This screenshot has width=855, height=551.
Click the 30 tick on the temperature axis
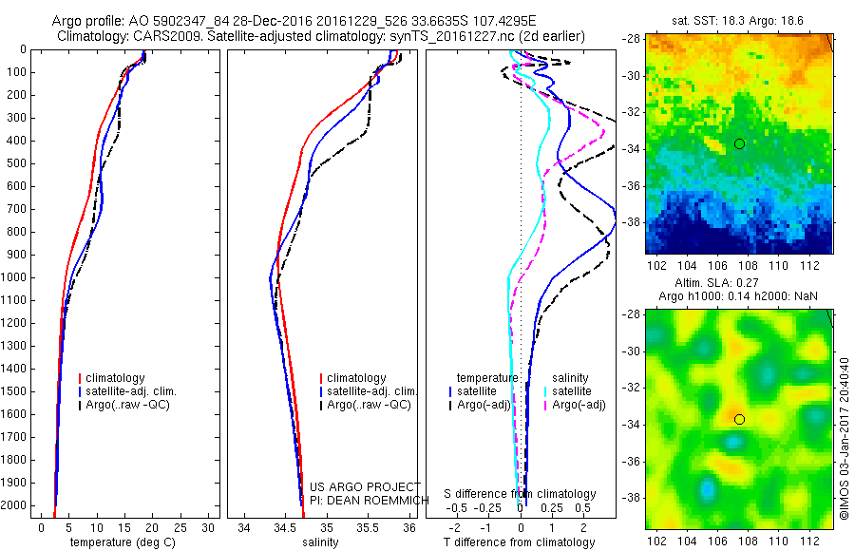click(209, 526)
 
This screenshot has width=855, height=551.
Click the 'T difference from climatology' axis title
click(521, 542)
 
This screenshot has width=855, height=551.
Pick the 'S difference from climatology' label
click(521, 494)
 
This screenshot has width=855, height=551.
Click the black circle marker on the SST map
click(739, 143)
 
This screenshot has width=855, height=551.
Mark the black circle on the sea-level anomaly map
click(739, 419)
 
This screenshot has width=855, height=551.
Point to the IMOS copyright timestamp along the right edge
click(844, 437)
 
